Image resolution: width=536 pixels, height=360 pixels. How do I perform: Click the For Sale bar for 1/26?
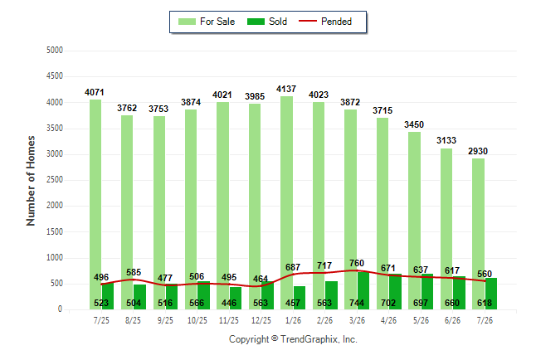287,202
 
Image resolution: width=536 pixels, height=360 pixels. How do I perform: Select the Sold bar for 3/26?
363,290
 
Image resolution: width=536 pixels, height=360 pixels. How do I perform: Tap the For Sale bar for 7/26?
479,234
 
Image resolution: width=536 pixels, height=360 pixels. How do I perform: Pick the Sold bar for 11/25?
236,298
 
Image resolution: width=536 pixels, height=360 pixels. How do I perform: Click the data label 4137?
286,89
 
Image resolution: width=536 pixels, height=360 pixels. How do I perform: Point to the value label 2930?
478,151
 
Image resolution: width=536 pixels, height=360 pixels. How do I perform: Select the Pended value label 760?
357,263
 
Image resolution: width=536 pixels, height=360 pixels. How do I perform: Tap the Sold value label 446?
229,303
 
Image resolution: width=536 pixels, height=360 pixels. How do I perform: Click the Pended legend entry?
325,22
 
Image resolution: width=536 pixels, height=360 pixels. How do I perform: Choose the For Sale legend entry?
207,22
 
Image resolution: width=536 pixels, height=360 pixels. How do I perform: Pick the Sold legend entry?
267,22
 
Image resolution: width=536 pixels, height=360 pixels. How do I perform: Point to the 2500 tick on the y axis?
55,180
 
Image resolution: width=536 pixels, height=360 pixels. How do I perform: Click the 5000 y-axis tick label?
55,51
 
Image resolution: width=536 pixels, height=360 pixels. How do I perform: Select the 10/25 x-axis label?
197,320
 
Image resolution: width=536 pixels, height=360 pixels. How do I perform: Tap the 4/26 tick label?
388,320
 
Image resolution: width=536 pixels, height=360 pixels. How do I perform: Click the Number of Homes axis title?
31,181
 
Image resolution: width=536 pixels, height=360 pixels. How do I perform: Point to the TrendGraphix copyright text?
293,339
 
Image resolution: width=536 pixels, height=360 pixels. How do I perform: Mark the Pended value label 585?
134,272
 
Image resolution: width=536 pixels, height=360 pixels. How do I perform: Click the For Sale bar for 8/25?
127,212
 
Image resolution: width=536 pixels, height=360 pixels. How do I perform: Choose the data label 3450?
414,124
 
